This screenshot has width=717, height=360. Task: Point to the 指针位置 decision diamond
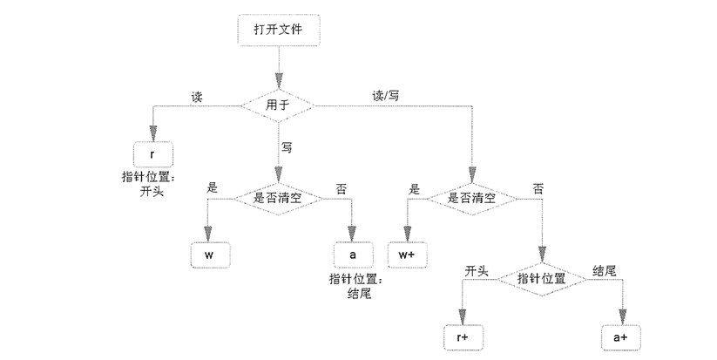[541, 278]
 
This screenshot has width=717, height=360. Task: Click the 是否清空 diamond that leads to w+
[471, 198]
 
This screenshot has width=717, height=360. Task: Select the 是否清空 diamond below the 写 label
[278, 198]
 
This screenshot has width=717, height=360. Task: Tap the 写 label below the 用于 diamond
[287, 147]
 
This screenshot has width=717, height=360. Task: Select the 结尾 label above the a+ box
[604, 270]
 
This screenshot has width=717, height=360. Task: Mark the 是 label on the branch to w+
[415, 187]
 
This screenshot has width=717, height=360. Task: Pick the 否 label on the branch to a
[339, 187]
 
